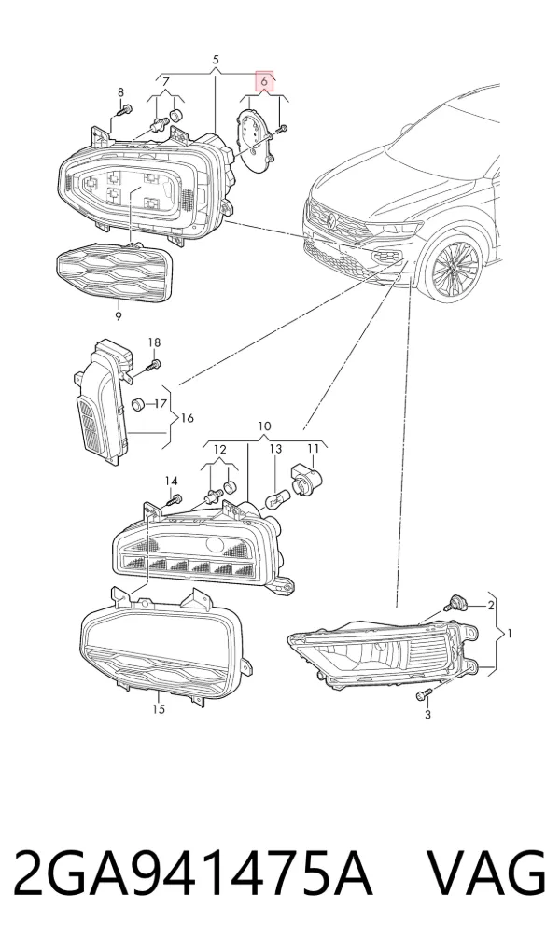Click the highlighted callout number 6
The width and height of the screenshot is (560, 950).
pos(264,80)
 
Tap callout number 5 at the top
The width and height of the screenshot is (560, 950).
pos(216,60)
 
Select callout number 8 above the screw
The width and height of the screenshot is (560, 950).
pos(120,92)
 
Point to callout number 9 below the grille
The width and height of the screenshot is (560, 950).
pos(118,315)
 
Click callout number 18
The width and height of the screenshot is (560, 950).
pos(154,343)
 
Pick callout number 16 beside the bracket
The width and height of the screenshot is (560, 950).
pos(187,418)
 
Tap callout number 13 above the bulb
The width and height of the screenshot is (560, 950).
pos(275,449)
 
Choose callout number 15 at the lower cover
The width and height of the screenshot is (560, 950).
pos(158,709)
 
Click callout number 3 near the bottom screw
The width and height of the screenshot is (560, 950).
pos(427,715)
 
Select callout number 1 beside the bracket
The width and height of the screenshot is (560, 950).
pos(510,634)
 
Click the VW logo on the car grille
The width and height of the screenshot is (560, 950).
pos(331,220)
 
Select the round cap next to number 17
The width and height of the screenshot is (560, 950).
pos(139,403)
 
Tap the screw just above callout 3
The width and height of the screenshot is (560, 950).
pos(424,695)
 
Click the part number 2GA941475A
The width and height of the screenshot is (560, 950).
pos(192,874)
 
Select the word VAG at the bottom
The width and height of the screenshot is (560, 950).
pos(487,874)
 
